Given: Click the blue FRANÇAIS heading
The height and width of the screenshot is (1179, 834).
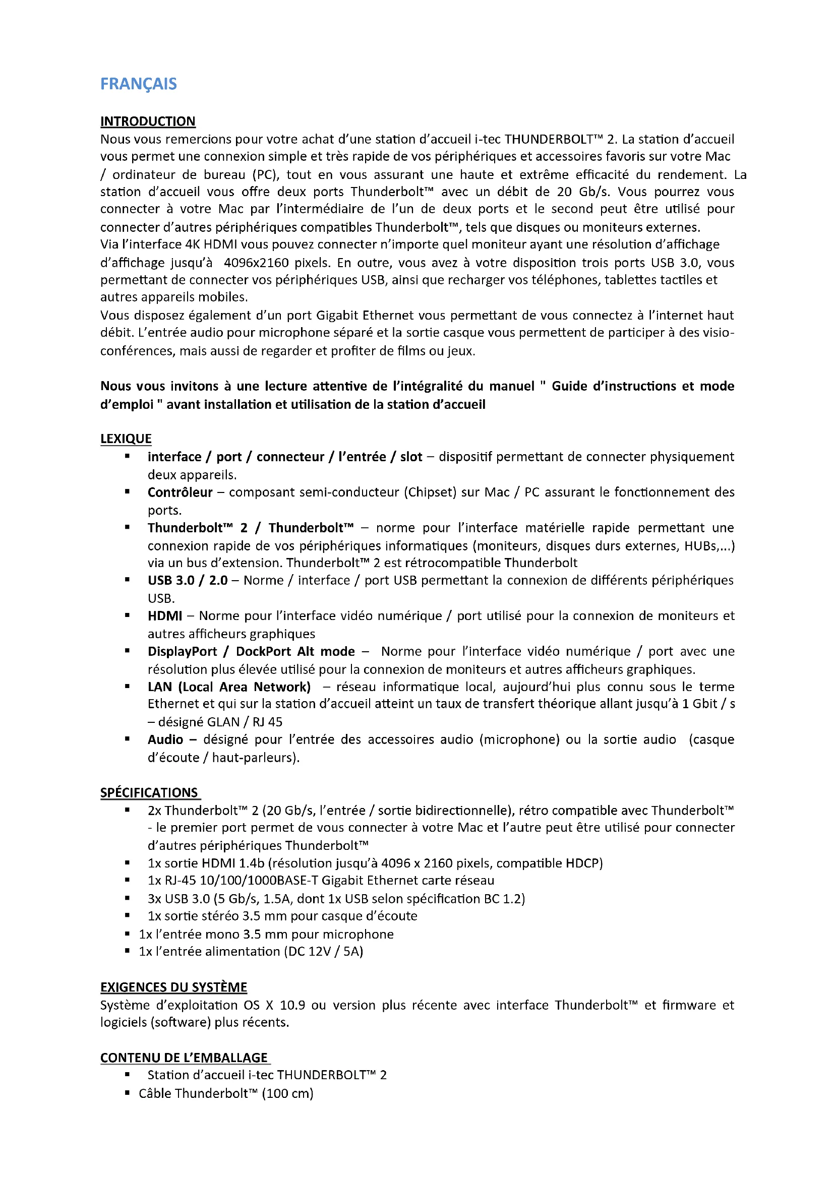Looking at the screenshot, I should pyautogui.click(x=138, y=84).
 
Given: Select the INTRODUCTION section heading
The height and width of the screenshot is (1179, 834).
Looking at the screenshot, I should pyautogui.click(x=148, y=121).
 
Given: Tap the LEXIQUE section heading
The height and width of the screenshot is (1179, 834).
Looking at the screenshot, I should pyautogui.click(x=126, y=439).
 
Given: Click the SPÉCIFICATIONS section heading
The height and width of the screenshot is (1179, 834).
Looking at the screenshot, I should pyautogui.click(x=149, y=792).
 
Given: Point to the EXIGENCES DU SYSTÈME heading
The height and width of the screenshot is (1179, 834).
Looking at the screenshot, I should pyautogui.click(x=173, y=987).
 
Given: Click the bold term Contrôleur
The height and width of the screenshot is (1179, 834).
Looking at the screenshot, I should pyautogui.click(x=180, y=492).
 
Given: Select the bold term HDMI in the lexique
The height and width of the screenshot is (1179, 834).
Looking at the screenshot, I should pyautogui.click(x=165, y=615).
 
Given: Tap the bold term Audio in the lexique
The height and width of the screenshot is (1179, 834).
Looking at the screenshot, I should pyautogui.click(x=165, y=739).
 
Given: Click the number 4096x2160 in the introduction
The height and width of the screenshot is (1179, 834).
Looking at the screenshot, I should pyautogui.click(x=256, y=263).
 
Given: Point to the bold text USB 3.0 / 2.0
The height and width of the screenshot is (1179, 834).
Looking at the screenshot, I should pyautogui.click(x=188, y=580).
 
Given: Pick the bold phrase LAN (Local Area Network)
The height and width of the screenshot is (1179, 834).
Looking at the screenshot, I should pyautogui.click(x=229, y=687).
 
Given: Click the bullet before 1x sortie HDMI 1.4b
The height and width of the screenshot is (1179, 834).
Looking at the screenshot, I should pyautogui.click(x=127, y=863).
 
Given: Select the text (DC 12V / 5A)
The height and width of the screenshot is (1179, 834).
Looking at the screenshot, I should pyautogui.click(x=324, y=951).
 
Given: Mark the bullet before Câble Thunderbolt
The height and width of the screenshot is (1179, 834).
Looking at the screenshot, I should pyautogui.click(x=127, y=1093).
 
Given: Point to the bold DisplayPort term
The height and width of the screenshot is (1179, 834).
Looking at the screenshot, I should pyautogui.click(x=183, y=651).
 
